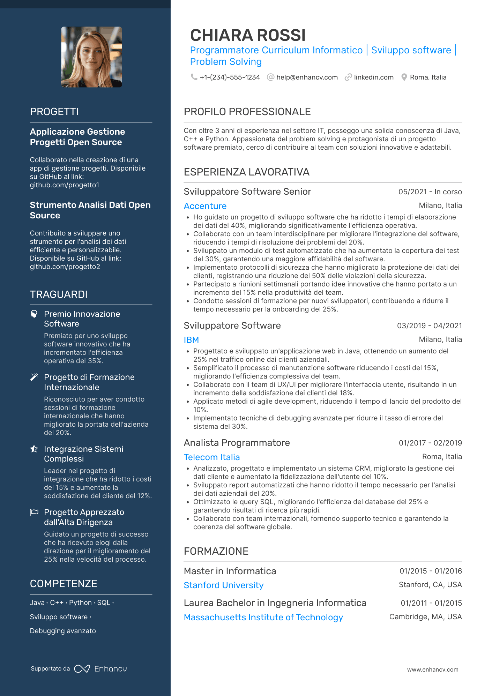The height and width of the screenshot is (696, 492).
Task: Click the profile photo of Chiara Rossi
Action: [91, 57]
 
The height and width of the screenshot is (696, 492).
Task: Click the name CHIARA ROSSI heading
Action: [248, 35]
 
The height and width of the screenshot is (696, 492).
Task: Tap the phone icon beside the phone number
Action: [194, 77]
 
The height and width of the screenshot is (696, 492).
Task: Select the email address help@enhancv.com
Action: [307, 77]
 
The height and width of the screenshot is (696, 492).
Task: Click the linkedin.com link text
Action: [373, 77]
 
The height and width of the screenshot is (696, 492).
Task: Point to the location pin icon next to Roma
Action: [404, 77]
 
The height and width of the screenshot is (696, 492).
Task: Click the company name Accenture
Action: [205, 206]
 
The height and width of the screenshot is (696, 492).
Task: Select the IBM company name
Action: [191, 340]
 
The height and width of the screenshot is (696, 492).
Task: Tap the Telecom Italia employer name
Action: [212, 457]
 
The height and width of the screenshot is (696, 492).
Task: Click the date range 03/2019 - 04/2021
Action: [429, 325]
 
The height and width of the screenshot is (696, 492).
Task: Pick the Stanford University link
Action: [224, 585]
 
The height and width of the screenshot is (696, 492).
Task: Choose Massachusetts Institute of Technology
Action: [263, 617]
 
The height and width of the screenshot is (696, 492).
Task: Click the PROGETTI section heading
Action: [54, 112]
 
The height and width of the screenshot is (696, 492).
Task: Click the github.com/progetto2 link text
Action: [65, 267]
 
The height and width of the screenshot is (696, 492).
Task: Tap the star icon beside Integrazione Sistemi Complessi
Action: [34, 449]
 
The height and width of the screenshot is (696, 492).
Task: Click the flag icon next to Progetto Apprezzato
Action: [34, 512]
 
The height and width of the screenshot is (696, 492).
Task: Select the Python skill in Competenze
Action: [80, 603]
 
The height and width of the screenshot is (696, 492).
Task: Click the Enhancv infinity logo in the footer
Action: [82, 668]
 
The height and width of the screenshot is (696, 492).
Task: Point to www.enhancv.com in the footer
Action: [433, 669]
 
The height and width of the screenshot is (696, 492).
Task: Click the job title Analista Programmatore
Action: [237, 443]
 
